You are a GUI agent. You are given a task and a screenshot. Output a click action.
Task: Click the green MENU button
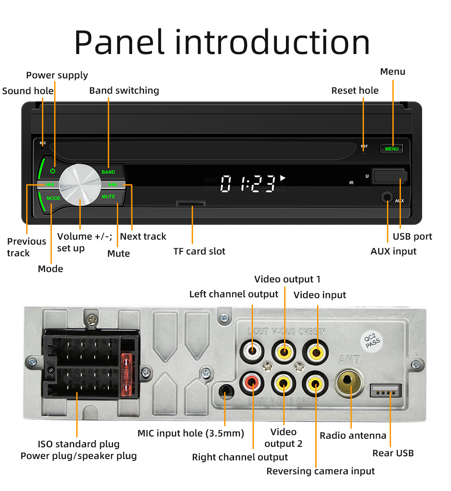(x=391, y=149)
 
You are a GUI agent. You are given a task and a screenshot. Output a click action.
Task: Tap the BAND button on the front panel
(x=108, y=172)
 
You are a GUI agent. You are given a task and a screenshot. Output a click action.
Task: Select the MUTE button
(x=108, y=196)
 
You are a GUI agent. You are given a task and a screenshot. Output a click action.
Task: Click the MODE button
(x=53, y=198)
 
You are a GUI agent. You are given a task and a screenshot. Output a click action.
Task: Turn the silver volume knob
(x=80, y=185)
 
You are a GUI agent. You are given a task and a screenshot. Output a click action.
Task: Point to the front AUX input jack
(x=387, y=197)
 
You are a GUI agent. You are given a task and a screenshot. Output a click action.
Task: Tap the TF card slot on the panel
(x=191, y=204)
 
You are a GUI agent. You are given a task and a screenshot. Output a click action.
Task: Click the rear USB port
(x=386, y=391)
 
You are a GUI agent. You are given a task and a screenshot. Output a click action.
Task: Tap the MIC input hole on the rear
(x=225, y=390)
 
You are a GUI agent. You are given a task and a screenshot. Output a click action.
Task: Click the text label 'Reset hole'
(x=355, y=91)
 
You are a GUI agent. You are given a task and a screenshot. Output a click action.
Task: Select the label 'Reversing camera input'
(x=320, y=471)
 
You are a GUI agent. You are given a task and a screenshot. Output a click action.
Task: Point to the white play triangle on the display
(x=283, y=178)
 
